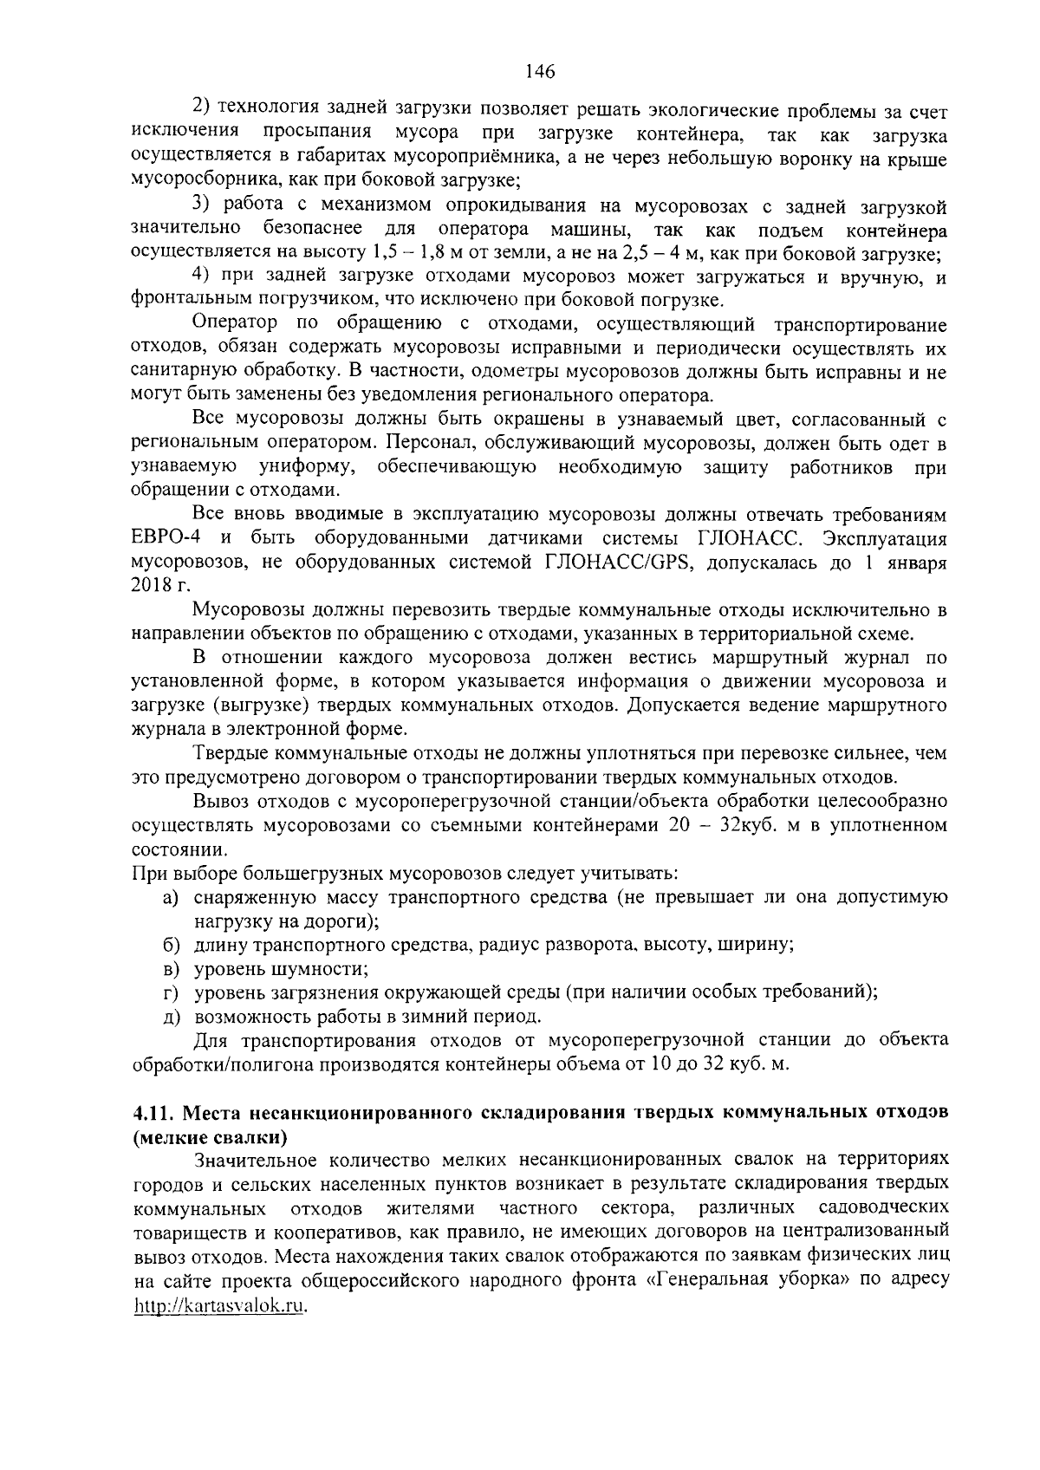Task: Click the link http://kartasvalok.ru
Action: tap(221, 1308)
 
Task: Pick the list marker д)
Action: tap(172, 1016)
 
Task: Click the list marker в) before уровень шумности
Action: tap(172, 969)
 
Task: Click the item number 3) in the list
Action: tap(201, 207)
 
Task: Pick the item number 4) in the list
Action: tap(201, 277)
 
